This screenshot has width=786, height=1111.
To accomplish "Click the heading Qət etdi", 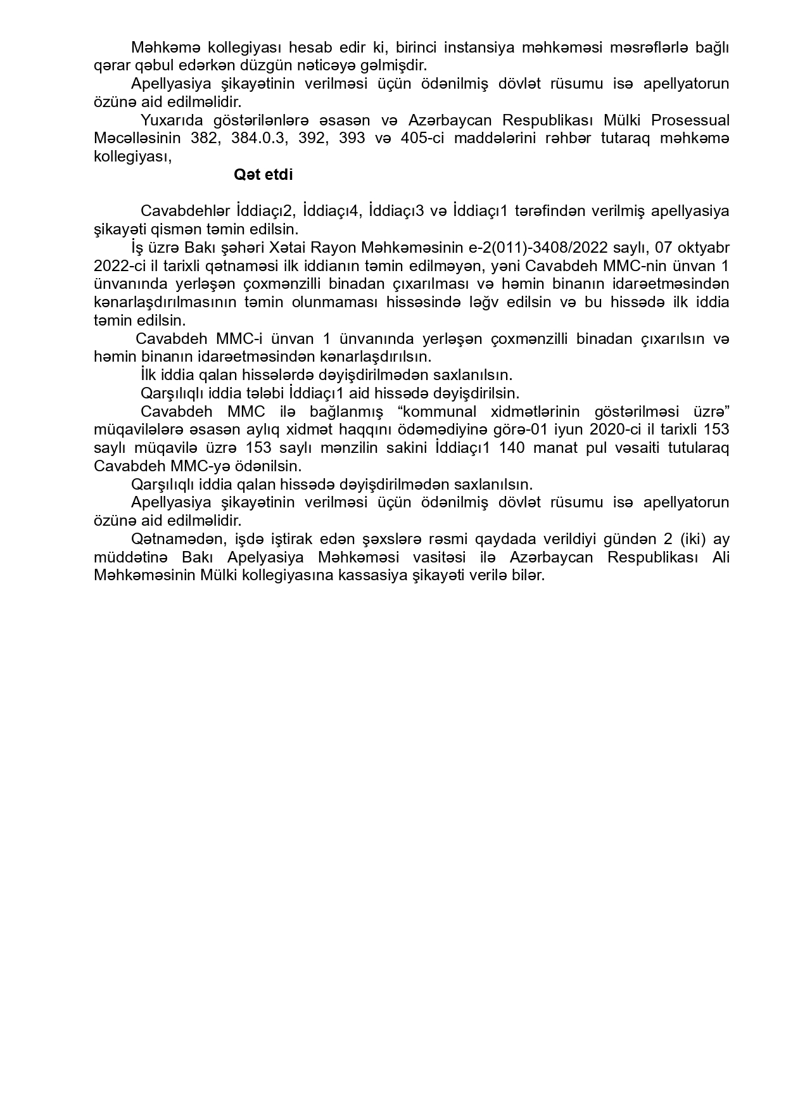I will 263,175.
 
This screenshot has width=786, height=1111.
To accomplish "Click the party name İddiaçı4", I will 331,211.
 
